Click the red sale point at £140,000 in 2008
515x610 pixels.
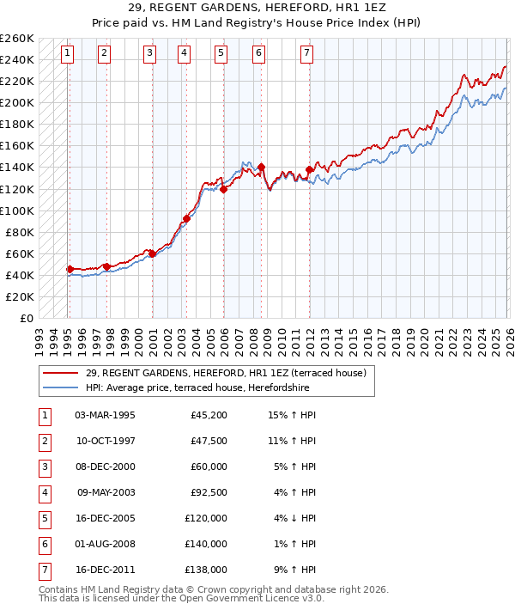[261, 167]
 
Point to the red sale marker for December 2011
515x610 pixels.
[309, 169]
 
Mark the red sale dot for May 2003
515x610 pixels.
[186, 218]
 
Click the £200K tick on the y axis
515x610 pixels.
[17, 102]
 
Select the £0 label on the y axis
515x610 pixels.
[26, 318]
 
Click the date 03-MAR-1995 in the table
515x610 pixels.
[105, 415]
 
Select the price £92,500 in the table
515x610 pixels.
[206, 492]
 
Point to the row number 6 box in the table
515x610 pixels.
[43, 544]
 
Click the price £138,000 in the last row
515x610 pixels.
[206, 570]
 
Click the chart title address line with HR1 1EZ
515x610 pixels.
[257, 9]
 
